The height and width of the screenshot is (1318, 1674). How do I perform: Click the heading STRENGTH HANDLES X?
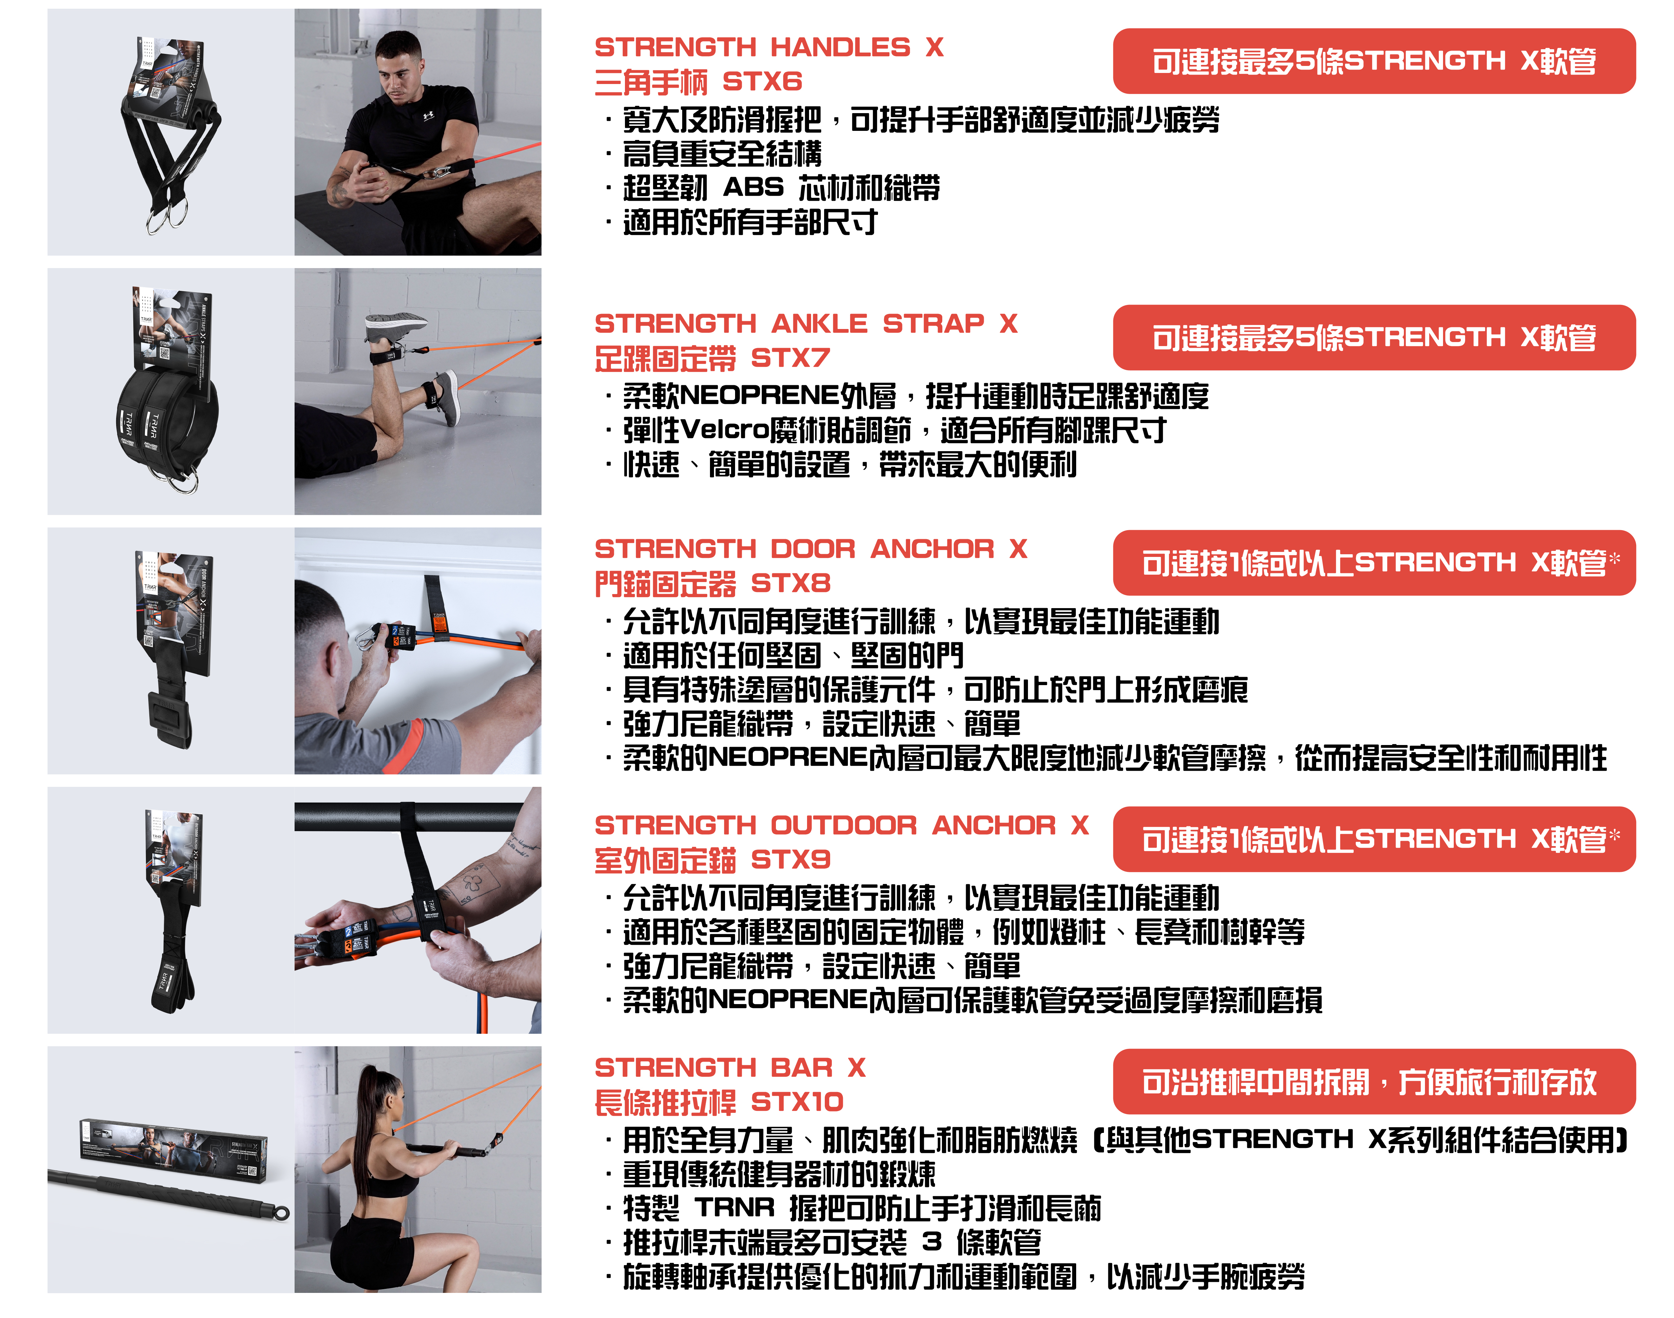769,48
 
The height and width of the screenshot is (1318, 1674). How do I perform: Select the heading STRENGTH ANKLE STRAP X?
806,324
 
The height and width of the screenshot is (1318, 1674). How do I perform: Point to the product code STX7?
790,358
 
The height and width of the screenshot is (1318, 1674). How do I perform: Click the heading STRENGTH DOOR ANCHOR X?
810,550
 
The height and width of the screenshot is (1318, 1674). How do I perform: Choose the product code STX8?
790,583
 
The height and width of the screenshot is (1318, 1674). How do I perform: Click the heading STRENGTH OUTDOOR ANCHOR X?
841,826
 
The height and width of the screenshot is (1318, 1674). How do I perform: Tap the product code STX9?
790,859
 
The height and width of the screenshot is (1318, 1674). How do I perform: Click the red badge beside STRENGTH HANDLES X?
1374,61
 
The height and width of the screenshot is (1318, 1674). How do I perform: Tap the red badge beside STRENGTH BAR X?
1374,1081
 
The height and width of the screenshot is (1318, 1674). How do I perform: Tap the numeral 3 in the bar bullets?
932,1242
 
